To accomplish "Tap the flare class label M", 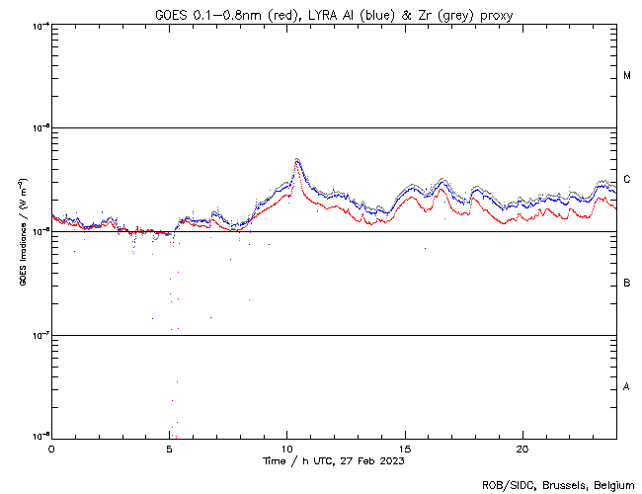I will point(627,76).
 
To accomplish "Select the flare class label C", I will point(627,180).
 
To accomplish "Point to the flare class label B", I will point(627,284).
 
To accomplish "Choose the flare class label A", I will point(627,387).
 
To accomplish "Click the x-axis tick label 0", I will point(51,448).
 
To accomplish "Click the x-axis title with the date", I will point(334,460).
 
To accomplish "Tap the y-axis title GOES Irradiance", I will point(22,232).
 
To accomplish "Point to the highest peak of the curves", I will point(296,159).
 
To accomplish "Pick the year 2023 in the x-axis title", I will point(391,460).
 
